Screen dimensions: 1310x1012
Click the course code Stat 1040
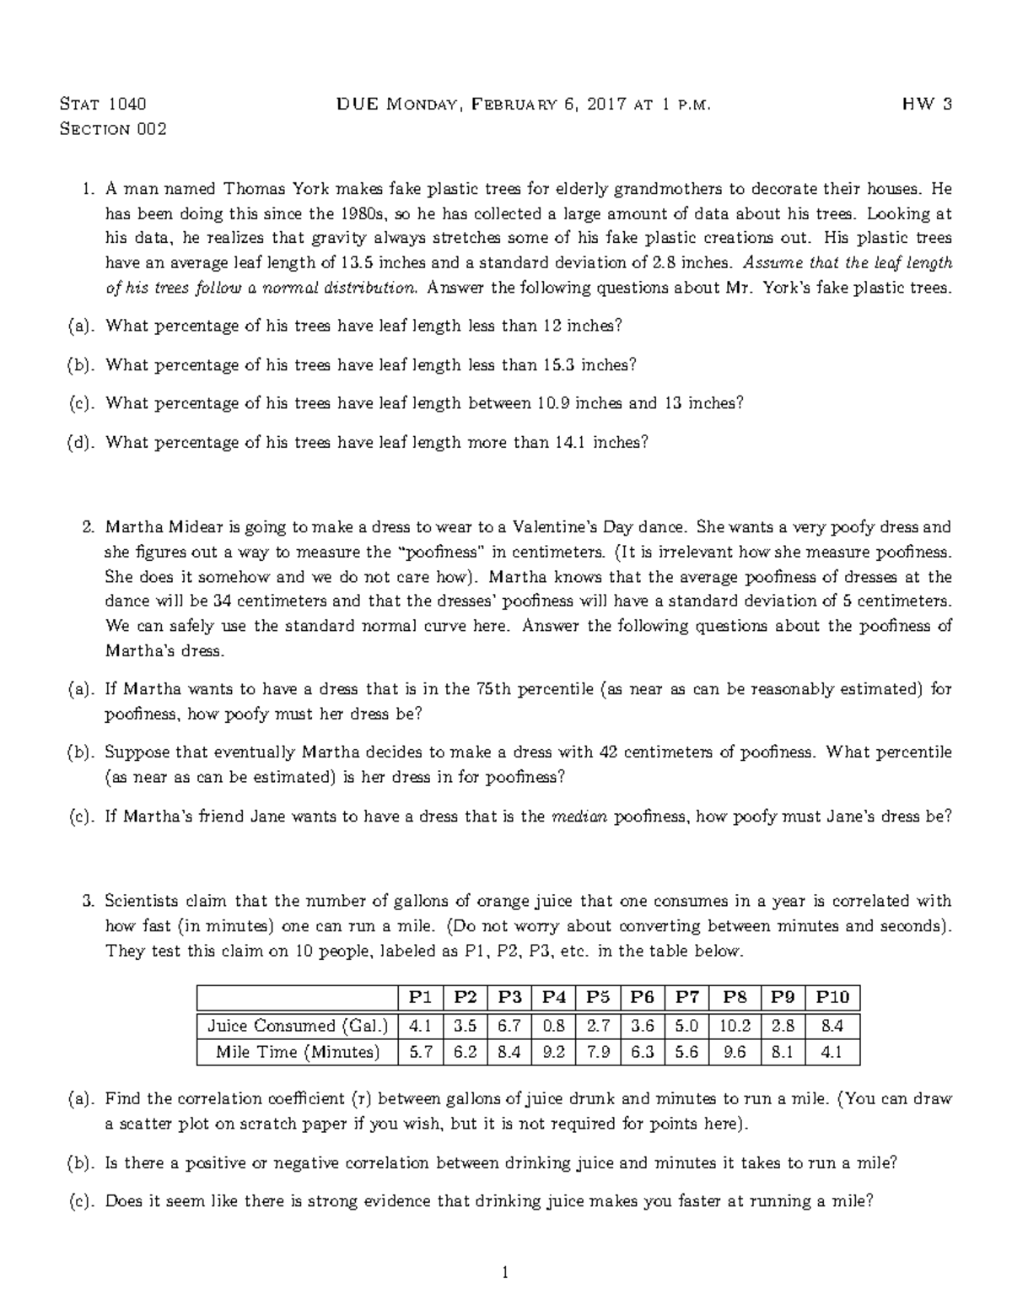(x=104, y=105)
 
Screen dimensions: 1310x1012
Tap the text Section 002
(x=113, y=129)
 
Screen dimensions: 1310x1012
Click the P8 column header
(x=735, y=997)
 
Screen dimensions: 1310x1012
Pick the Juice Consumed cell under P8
(x=735, y=1026)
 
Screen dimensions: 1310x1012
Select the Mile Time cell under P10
(x=832, y=1052)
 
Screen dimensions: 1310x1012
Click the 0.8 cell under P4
(x=553, y=1026)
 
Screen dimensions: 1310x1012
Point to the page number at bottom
(x=506, y=1273)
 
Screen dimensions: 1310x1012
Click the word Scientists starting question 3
(x=142, y=901)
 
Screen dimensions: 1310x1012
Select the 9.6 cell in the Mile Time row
(x=735, y=1052)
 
